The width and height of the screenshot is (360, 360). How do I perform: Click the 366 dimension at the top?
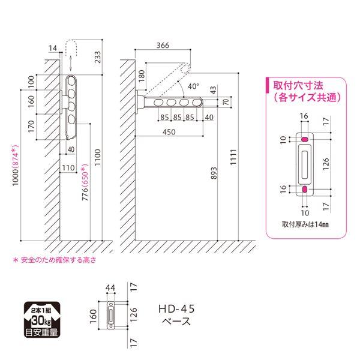(x=163, y=46)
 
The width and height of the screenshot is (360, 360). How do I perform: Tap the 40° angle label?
(x=193, y=86)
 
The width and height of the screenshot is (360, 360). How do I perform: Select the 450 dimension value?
(x=169, y=132)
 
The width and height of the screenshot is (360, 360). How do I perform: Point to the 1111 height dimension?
(x=233, y=157)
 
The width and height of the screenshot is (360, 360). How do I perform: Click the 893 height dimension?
(x=214, y=173)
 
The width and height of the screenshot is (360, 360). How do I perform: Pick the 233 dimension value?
(x=97, y=57)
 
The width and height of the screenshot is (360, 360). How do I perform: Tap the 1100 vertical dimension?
(x=97, y=157)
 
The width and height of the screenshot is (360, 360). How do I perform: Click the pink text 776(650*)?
(x=85, y=182)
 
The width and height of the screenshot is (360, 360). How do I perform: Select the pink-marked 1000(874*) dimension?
(x=15, y=166)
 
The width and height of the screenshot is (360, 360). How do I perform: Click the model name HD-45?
(x=176, y=309)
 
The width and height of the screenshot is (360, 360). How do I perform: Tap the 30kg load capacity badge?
(x=42, y=320)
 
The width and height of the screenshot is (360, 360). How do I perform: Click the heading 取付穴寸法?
(x=298, y=86)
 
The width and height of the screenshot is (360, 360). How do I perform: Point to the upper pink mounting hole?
(x=305, y=139)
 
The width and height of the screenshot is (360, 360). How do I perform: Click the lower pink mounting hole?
(x=305, y=189)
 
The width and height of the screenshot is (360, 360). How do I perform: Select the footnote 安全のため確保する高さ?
(x=59, y=260)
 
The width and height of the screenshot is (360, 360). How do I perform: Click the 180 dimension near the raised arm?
(x=142, y=76)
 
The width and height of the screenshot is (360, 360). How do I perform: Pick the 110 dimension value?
(x=68, y=168)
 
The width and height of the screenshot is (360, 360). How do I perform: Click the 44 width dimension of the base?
(x=110, y=287)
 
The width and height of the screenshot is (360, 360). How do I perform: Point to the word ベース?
(x=176, y=321)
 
